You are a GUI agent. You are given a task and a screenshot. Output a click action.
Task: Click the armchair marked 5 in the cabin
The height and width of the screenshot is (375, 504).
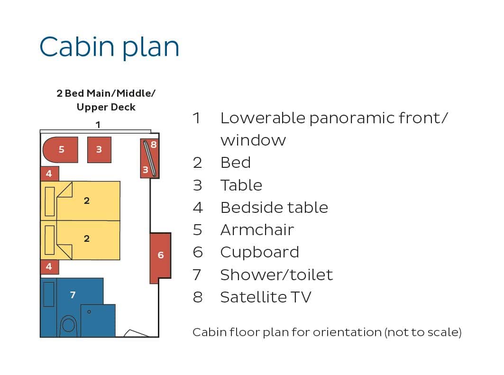(60, 150)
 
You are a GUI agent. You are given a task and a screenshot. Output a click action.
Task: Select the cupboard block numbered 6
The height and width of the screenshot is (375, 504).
(160, 257)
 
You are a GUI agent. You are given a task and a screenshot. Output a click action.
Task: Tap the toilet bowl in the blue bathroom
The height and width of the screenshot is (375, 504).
(68, 325)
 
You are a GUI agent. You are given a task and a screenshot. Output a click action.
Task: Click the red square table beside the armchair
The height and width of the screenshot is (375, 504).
(99, 150)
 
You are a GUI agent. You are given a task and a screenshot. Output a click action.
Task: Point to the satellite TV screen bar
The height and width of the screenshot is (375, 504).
(150, 158)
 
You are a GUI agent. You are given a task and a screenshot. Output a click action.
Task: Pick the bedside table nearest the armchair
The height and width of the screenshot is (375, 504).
(49, 174)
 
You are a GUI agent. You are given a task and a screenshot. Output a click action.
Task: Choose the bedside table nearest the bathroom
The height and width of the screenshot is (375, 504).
(49, 267)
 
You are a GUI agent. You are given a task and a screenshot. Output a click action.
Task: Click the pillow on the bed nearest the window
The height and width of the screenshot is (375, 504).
(50, 201)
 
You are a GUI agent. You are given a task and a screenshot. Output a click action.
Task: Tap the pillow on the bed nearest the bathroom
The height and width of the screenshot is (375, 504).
(50, 240)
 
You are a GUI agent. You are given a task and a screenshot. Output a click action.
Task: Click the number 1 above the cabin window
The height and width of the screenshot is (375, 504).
(98, 125)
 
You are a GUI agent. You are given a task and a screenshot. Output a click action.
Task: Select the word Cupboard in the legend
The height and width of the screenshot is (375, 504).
(260, 253)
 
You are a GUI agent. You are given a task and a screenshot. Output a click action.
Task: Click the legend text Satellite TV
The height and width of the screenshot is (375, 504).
(266, 297)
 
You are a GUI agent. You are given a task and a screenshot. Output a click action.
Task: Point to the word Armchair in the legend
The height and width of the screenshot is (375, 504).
(257, 230)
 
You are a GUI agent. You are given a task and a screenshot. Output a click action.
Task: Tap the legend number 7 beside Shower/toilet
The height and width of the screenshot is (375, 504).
(197, 275)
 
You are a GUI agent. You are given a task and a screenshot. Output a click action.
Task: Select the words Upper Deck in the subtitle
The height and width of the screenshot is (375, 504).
(106, 107)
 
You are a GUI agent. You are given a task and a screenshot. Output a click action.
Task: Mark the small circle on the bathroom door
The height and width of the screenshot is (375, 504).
(89, 311)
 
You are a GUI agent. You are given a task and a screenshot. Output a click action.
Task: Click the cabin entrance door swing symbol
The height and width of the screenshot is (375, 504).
(136, 333)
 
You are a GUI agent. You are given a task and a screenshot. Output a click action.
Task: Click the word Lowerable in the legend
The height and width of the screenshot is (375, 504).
(263, 118)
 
